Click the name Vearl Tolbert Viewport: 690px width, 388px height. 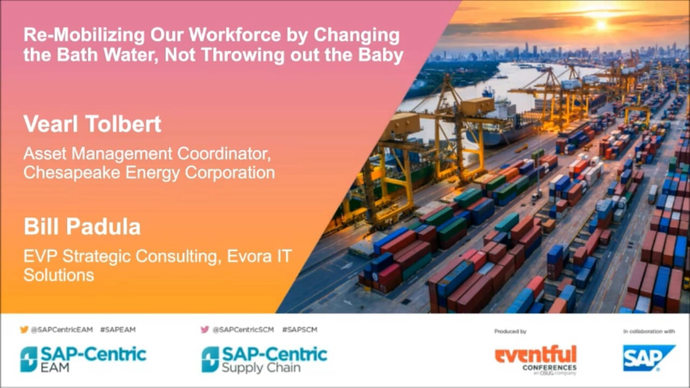(x=92, y=124)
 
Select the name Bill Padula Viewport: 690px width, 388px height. (x=82, y=227)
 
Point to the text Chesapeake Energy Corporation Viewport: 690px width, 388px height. (x=149, y=172)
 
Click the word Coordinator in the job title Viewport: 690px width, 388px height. (x=224, y=154)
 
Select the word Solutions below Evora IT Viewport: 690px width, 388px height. (x=59, y=275)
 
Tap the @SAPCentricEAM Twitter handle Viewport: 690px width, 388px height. (x=61, y=330)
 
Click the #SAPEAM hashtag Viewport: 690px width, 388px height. (x=118, y=330)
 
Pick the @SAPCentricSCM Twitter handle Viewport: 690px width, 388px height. (x=243, y=330)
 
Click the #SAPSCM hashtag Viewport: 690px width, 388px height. (x=299, y=330)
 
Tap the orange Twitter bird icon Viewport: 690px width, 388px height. (x=24, y=329)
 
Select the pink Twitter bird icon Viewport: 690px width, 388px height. (x=205, y=329)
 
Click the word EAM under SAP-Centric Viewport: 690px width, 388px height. (x=55, y=368)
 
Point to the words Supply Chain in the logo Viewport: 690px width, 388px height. (x=261, y=368)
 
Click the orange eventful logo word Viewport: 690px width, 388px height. (x=536, y=355)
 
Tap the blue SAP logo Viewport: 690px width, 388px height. (x=649, y=358)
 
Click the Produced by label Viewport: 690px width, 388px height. (x=510, y=331)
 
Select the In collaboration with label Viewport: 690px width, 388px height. (x=649, y=331)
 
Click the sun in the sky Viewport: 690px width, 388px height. (x=601, y=25)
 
